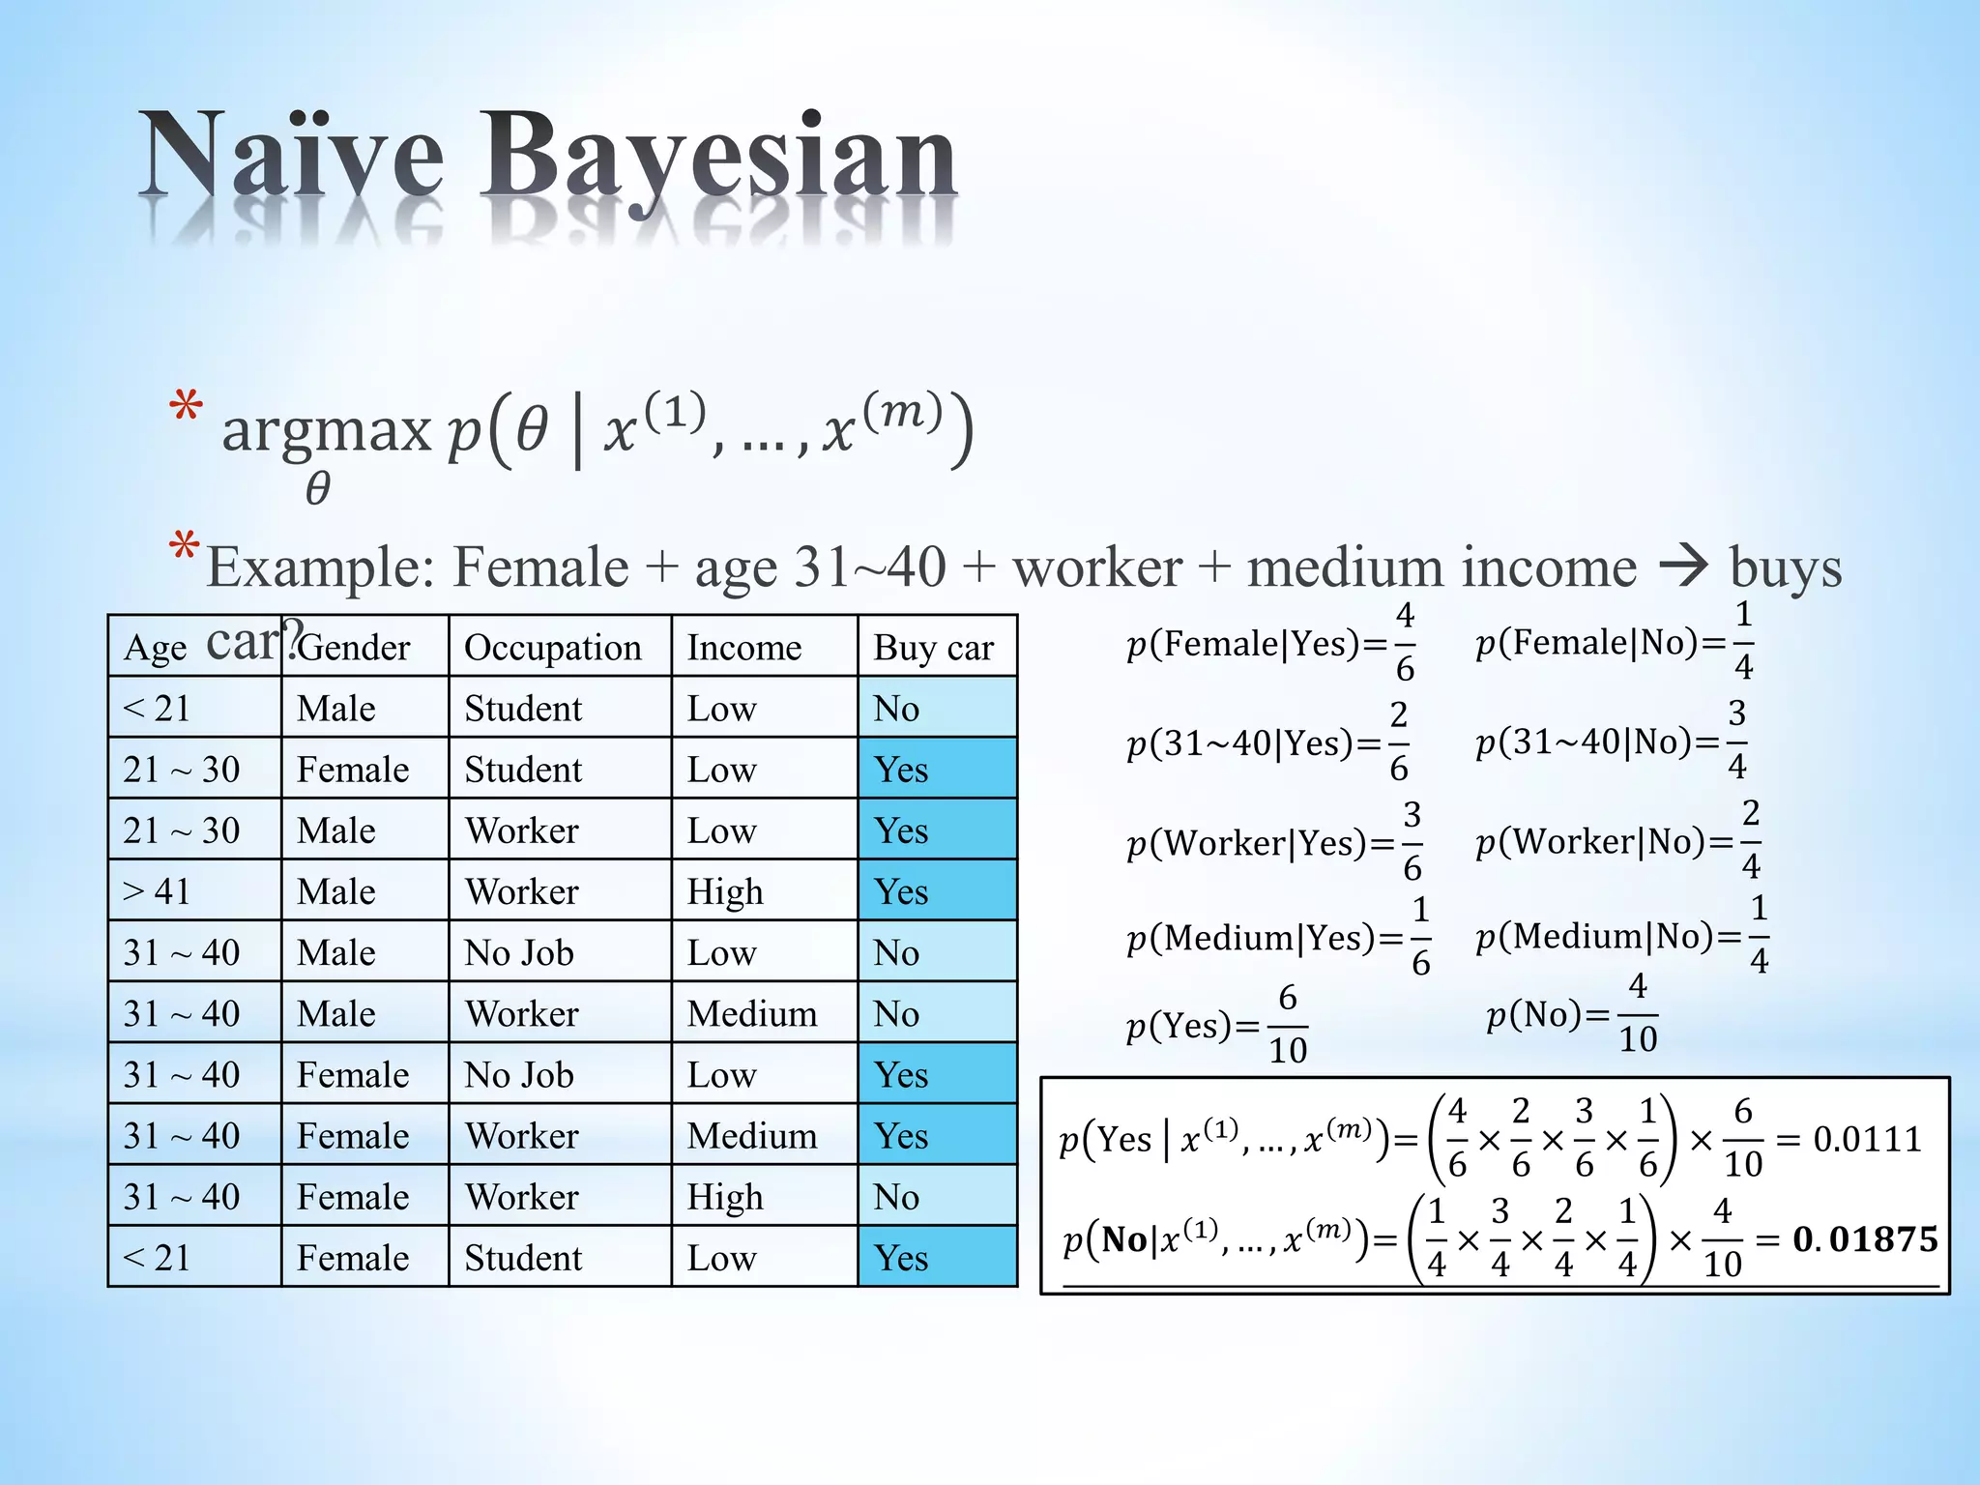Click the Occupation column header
tap(552, 648)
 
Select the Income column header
tap(743, 648)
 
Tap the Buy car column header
tap(933, 648)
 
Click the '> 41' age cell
tap(157, 891)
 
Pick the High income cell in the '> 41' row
tap(725, 891)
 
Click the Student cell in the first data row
tap(523, 709)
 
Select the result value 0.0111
tap(1867, 1139)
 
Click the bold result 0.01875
tap(1865, 1239)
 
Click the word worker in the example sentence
tap(1097, 568)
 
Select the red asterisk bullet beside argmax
tap(186, 407)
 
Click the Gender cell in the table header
tap(354, 648)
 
